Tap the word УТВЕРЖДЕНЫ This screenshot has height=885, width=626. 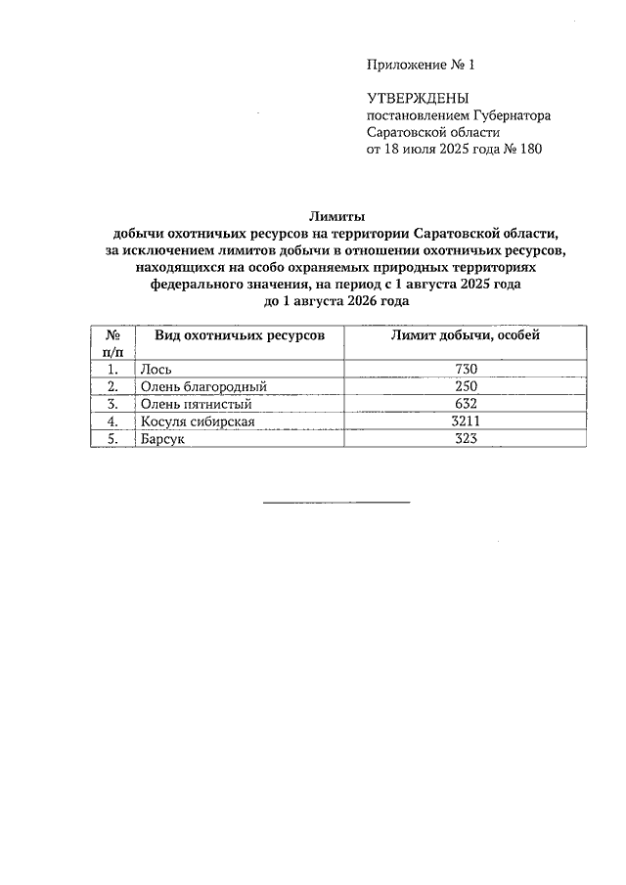(418, 98)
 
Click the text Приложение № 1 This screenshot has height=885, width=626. (419, 66)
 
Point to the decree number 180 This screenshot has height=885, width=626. (529, 150)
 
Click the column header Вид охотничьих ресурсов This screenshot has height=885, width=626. (240, 335)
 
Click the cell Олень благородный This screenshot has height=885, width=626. (203, 386)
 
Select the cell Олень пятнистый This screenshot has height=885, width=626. (197, 404)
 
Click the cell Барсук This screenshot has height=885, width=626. (162, 440)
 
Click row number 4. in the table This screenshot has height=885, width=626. (112, 421)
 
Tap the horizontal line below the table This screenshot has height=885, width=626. (336, 503)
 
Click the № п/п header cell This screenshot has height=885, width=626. (112, 342)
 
